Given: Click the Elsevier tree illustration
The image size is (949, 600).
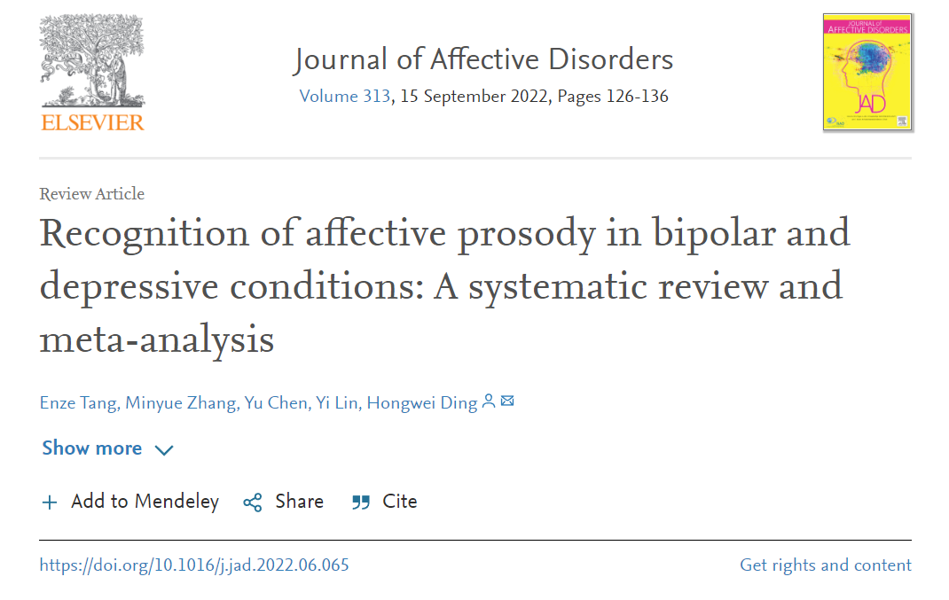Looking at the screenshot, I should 92,59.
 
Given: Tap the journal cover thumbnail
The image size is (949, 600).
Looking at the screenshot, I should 867,72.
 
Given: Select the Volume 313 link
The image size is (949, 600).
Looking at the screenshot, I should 344,97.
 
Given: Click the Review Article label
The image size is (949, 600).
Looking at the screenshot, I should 91,194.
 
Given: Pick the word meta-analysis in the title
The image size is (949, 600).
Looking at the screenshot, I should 156,339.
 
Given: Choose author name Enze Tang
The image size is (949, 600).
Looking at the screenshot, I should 78,403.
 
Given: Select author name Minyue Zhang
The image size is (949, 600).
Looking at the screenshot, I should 180,403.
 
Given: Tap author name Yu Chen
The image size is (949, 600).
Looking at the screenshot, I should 275,403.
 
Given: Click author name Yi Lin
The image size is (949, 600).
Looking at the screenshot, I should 338,403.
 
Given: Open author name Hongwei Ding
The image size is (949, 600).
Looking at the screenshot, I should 422,403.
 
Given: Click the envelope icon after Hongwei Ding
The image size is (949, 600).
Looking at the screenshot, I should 507,402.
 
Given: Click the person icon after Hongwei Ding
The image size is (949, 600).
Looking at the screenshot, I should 488,402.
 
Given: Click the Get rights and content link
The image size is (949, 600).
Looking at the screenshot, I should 825,565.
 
